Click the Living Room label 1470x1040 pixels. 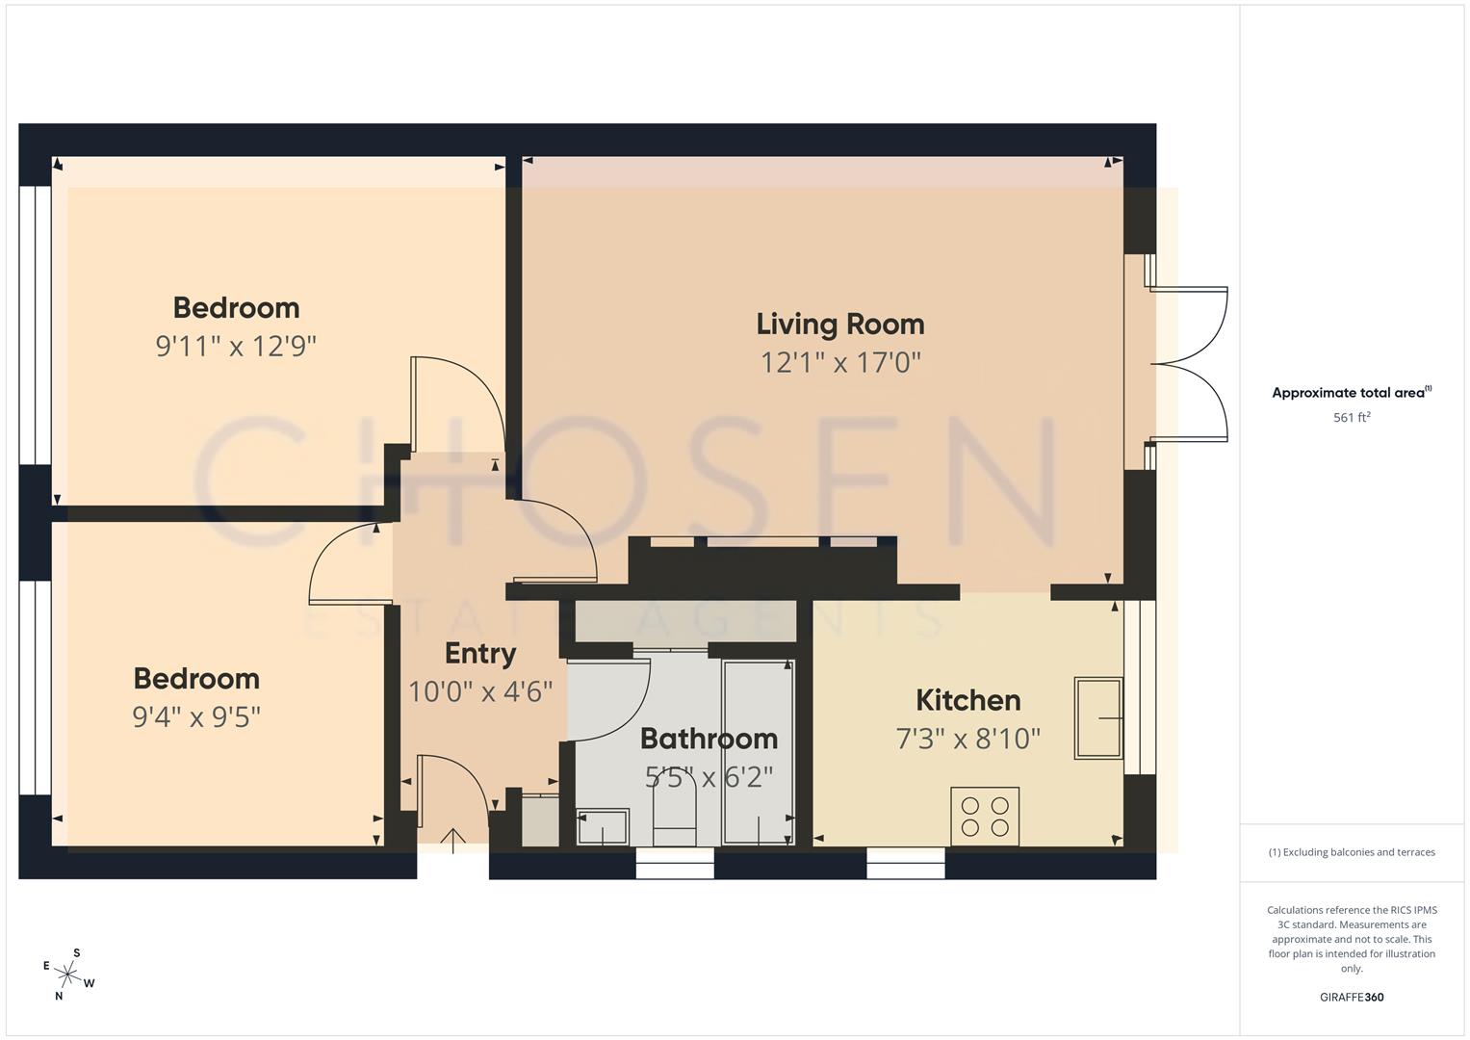pyautogui.click(x=839, y=325)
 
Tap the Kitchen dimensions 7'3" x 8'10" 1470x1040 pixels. pyautogui.click(x=967, y=739)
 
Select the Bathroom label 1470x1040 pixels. pyautogui.click(x=709, y=739)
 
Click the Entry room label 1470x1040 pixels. pyautogui.click(x=480, y=654)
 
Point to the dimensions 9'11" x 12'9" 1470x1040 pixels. pyautogui.click(x=236, y=346)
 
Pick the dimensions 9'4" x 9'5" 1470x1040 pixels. pyautogui.click(x=196, y=717)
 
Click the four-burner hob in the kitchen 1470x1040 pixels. pyautogui.click(x=985, y=817)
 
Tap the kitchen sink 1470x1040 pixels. pyautogui.click(x=1098, y=718)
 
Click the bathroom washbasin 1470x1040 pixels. pyautogui.click(x=603, y=827)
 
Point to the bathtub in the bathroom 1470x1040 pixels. pyautogui.click(x=759, y=751)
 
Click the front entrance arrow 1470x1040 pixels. pyautogui.click(x=452, y=840)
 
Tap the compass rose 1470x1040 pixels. pyautogui.click(x=69, y=973)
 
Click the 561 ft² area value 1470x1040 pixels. pyautogui.click(x=1352, y=417)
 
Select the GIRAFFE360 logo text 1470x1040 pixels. pyautogui.click(x=1352, y=997)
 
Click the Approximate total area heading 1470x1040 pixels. pyautogui.click(x=1352, y=393)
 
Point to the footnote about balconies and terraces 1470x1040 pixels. pyautogui.click(x=1352, y=852)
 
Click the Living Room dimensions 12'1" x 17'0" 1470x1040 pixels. pyautogui.click(x=840, y=363)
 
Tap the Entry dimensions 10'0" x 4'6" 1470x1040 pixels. pyautogui.click(x=480, y=691)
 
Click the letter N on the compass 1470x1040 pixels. pyautogui.click(x=59, y=996)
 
